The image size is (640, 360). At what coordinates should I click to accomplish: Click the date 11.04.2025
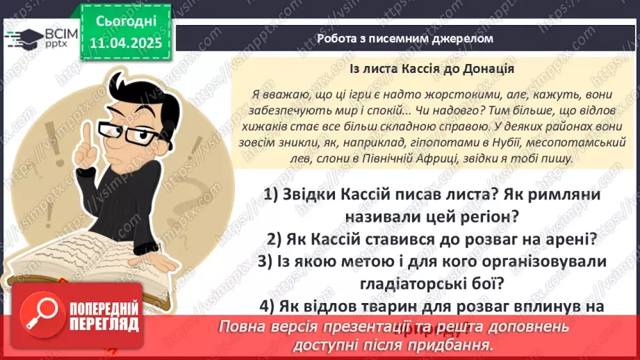coord(125,42)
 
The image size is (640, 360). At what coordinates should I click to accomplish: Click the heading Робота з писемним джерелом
coord(404,38)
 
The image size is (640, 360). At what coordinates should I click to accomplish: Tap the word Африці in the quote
coord(438,160)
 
